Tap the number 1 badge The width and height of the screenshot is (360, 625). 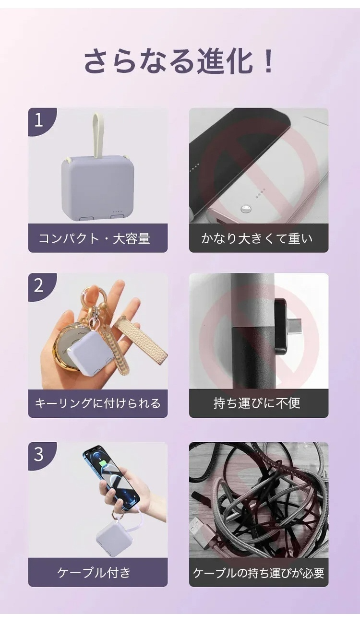click(x=39, y=120)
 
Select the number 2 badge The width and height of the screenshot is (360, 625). click(x=39, y=286)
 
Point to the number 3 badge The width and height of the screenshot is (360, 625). click(x=39, y=455)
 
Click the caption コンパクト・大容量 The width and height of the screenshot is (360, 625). click(x=94, y=238)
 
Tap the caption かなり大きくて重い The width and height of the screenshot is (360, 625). click(x=257, y=238)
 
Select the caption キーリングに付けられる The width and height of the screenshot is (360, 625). click(x=98, y=403)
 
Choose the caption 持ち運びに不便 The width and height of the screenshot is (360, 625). click(x=257, y=403)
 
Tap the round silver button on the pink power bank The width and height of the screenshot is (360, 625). click(x=246, y=208)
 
